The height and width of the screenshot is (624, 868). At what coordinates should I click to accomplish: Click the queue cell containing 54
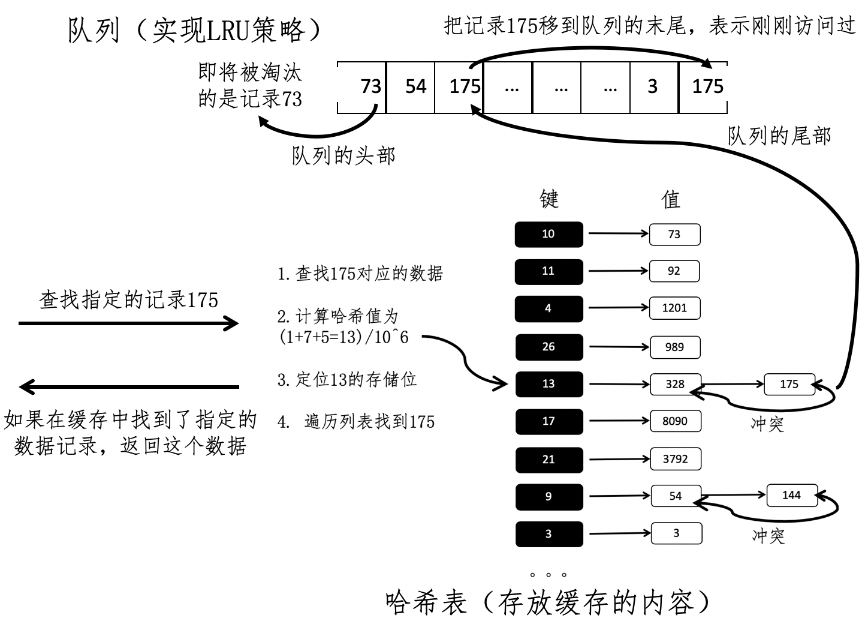(x=415, y=86)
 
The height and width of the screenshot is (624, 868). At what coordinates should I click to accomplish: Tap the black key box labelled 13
(x=548, y=384)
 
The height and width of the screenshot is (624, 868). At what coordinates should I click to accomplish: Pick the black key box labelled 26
(x=548, y=347)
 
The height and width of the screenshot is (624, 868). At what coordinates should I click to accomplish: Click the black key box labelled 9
(x=548, y=496)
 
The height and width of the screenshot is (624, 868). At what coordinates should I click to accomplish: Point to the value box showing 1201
(x=674, y=308)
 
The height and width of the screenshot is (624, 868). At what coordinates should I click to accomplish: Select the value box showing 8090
(x=674, y=421)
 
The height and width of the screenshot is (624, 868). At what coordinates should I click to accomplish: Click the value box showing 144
(x=791, y=496)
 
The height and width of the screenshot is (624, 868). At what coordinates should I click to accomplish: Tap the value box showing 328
(x=674, y=384)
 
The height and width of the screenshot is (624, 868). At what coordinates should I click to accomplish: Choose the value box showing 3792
(x=675, y=459)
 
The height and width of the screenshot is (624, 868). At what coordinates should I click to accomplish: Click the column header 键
(x=549, y=199)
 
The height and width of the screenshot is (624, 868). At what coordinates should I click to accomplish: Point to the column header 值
(x=671, y=199)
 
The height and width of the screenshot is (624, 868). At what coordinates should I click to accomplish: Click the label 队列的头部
(x=343, y=156)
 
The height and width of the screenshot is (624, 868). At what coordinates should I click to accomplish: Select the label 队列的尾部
(x=779, y=136)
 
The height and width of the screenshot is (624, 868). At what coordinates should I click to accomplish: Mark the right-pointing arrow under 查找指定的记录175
(x=129, y=324)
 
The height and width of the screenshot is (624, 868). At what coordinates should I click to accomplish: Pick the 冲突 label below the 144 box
(x=768, y=535)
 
